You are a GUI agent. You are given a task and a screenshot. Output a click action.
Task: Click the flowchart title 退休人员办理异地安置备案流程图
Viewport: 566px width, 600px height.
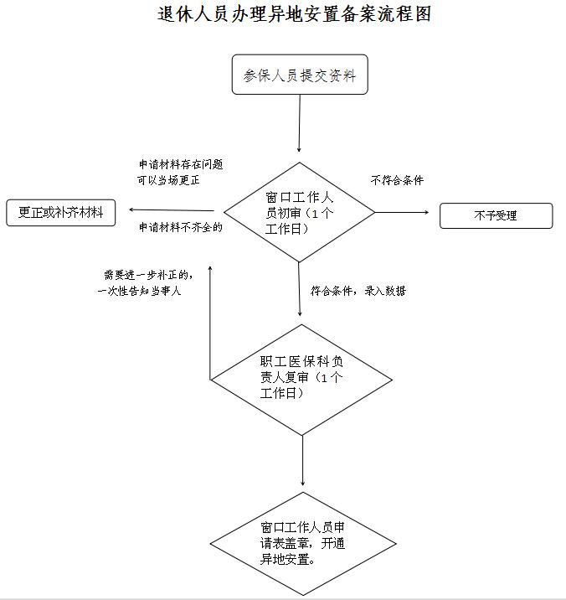click(294, 14)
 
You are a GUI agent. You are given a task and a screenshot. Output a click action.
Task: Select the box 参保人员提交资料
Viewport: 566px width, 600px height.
click(300, 75)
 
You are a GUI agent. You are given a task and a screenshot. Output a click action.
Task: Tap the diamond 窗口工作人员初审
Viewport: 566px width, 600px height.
click(299, 212)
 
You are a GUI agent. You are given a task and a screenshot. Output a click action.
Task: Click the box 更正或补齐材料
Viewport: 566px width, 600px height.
click(61, 212)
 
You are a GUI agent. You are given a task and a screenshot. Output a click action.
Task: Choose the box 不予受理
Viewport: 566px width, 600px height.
click(496, 216)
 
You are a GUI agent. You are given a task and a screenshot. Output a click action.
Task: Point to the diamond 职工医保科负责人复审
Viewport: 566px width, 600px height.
click(301, 380)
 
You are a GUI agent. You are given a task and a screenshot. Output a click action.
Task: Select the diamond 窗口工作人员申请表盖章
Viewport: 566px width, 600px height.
click(303, 543)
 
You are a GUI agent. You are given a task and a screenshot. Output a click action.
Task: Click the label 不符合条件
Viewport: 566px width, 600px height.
click(398, 180)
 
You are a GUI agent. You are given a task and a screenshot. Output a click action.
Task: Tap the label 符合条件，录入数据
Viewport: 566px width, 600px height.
click(358, 291)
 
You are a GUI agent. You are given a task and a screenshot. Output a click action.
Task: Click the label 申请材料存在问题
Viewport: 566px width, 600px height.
click(181, 164)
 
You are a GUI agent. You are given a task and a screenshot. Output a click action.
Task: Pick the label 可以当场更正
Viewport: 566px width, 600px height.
click(168, 180)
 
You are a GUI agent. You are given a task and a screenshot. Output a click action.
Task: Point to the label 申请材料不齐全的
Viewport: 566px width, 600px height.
click(181, 227)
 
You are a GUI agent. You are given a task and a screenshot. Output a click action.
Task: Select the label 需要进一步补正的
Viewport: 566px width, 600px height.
click(148, 275)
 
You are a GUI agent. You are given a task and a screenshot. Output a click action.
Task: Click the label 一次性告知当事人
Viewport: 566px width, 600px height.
click(139, 291)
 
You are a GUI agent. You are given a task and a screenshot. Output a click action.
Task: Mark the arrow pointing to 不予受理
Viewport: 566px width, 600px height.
click(402, 212)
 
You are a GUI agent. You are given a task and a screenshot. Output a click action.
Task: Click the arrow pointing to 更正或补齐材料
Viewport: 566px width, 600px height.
click(172, 210)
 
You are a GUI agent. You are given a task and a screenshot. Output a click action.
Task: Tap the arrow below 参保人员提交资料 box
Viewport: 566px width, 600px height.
click(300, 123)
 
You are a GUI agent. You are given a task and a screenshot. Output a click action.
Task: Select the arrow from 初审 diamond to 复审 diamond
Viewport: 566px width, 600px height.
click(300, 289)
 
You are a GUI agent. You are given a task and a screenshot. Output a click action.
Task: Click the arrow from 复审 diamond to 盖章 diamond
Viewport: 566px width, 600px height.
click(302, 461)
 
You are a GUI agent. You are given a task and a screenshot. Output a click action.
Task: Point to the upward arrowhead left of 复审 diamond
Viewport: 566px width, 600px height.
click(210, 267)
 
